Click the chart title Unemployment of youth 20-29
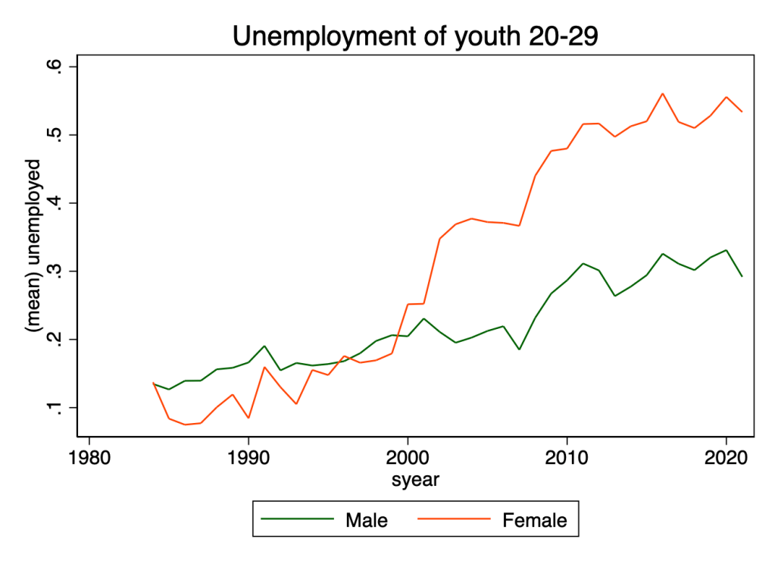point(415,36)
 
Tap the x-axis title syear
point(414,479)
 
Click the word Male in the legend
point(366,520)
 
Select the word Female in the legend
point(534,520)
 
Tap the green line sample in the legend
point(297,520)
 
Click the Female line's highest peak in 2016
point(663,94)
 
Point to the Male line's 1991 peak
point(264,346)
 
